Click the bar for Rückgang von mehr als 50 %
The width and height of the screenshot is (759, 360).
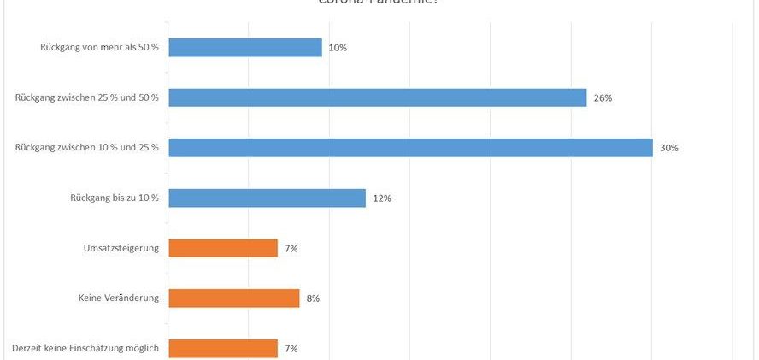point(245,48)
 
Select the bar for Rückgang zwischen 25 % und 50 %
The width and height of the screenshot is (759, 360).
point(378,97)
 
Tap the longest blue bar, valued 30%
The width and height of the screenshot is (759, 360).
point(410,148)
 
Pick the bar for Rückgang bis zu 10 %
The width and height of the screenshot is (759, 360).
point(267,198)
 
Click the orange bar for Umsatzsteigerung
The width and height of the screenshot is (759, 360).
point(223,248)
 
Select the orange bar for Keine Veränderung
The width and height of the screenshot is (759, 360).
point(234,298)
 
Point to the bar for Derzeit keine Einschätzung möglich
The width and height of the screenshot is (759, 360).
point(223,348)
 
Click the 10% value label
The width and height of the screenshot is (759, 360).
point(338,48)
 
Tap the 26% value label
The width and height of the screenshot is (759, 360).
point(603,97)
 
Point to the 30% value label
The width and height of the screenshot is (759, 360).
point(668,148)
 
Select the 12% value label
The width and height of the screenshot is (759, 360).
point(381,198)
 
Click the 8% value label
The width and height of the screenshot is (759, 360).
point(313,298)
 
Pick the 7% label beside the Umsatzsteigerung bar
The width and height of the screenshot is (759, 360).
point(291,248)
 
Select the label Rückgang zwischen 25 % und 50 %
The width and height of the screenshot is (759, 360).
point(87,97)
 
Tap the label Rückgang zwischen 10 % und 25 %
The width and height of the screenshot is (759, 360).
point(87,148)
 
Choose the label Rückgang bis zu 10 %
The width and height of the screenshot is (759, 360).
point(115,198)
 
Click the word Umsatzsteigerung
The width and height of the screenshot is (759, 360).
point(118,248)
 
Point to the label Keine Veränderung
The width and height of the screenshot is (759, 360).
point(119,298)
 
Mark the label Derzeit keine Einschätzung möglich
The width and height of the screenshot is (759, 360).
point(85,348)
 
